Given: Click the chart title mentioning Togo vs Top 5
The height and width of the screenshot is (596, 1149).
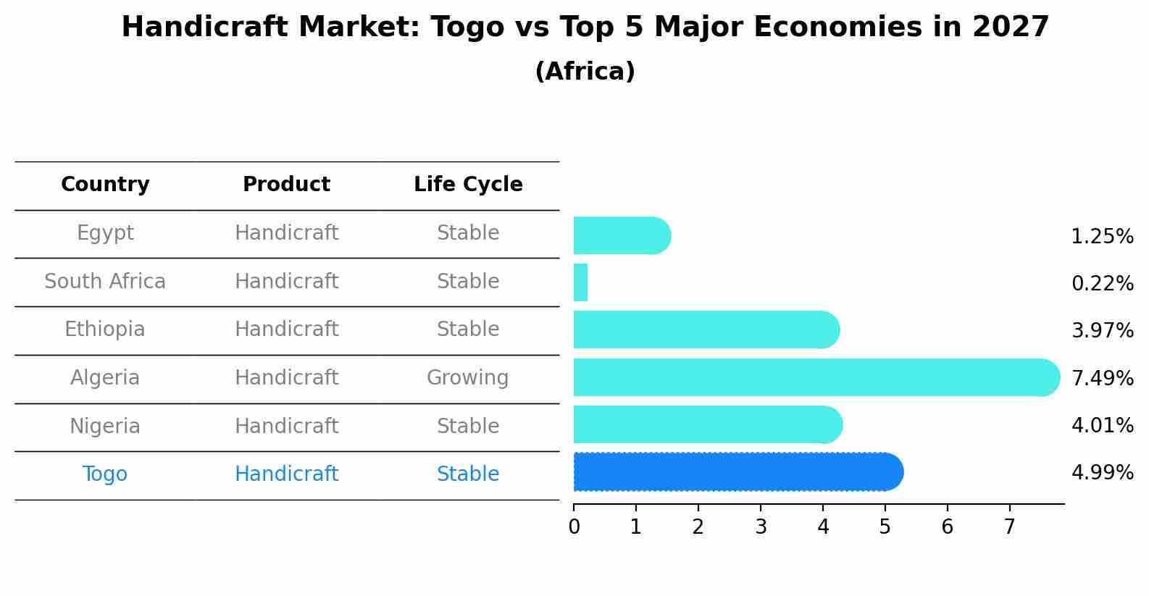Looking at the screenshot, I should click(585, 28).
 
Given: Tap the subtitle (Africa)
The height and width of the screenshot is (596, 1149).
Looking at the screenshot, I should click(585, 72).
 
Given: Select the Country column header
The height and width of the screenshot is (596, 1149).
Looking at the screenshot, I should click(105, 185).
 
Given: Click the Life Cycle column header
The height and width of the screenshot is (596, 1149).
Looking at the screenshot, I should click(468, 185).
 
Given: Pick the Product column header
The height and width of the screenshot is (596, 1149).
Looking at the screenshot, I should click(286, 185).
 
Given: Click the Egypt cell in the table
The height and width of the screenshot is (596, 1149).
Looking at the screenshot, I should click(105, 233).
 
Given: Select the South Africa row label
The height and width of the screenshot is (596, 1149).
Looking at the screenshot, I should click(105, 281).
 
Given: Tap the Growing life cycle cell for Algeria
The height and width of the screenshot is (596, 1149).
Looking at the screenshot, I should click(468, 377).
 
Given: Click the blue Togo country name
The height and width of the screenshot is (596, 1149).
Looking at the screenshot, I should click(105, 474).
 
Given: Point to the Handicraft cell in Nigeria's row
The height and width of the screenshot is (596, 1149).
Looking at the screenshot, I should click(286, 426).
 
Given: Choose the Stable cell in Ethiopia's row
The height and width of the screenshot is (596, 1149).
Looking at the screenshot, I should click(468, 330).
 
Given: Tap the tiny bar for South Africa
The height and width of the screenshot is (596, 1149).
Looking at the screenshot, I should click(580, 282).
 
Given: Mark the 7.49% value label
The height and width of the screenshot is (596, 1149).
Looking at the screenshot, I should click(1102, 378).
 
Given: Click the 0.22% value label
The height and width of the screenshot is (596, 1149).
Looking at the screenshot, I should click(1102, 284).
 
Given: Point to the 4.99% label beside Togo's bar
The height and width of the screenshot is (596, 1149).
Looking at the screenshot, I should click(1102, 473).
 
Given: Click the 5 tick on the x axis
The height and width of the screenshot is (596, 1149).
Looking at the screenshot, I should click(885, 527).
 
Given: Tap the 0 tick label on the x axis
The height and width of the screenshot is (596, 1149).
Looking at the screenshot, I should click(574, 527).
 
